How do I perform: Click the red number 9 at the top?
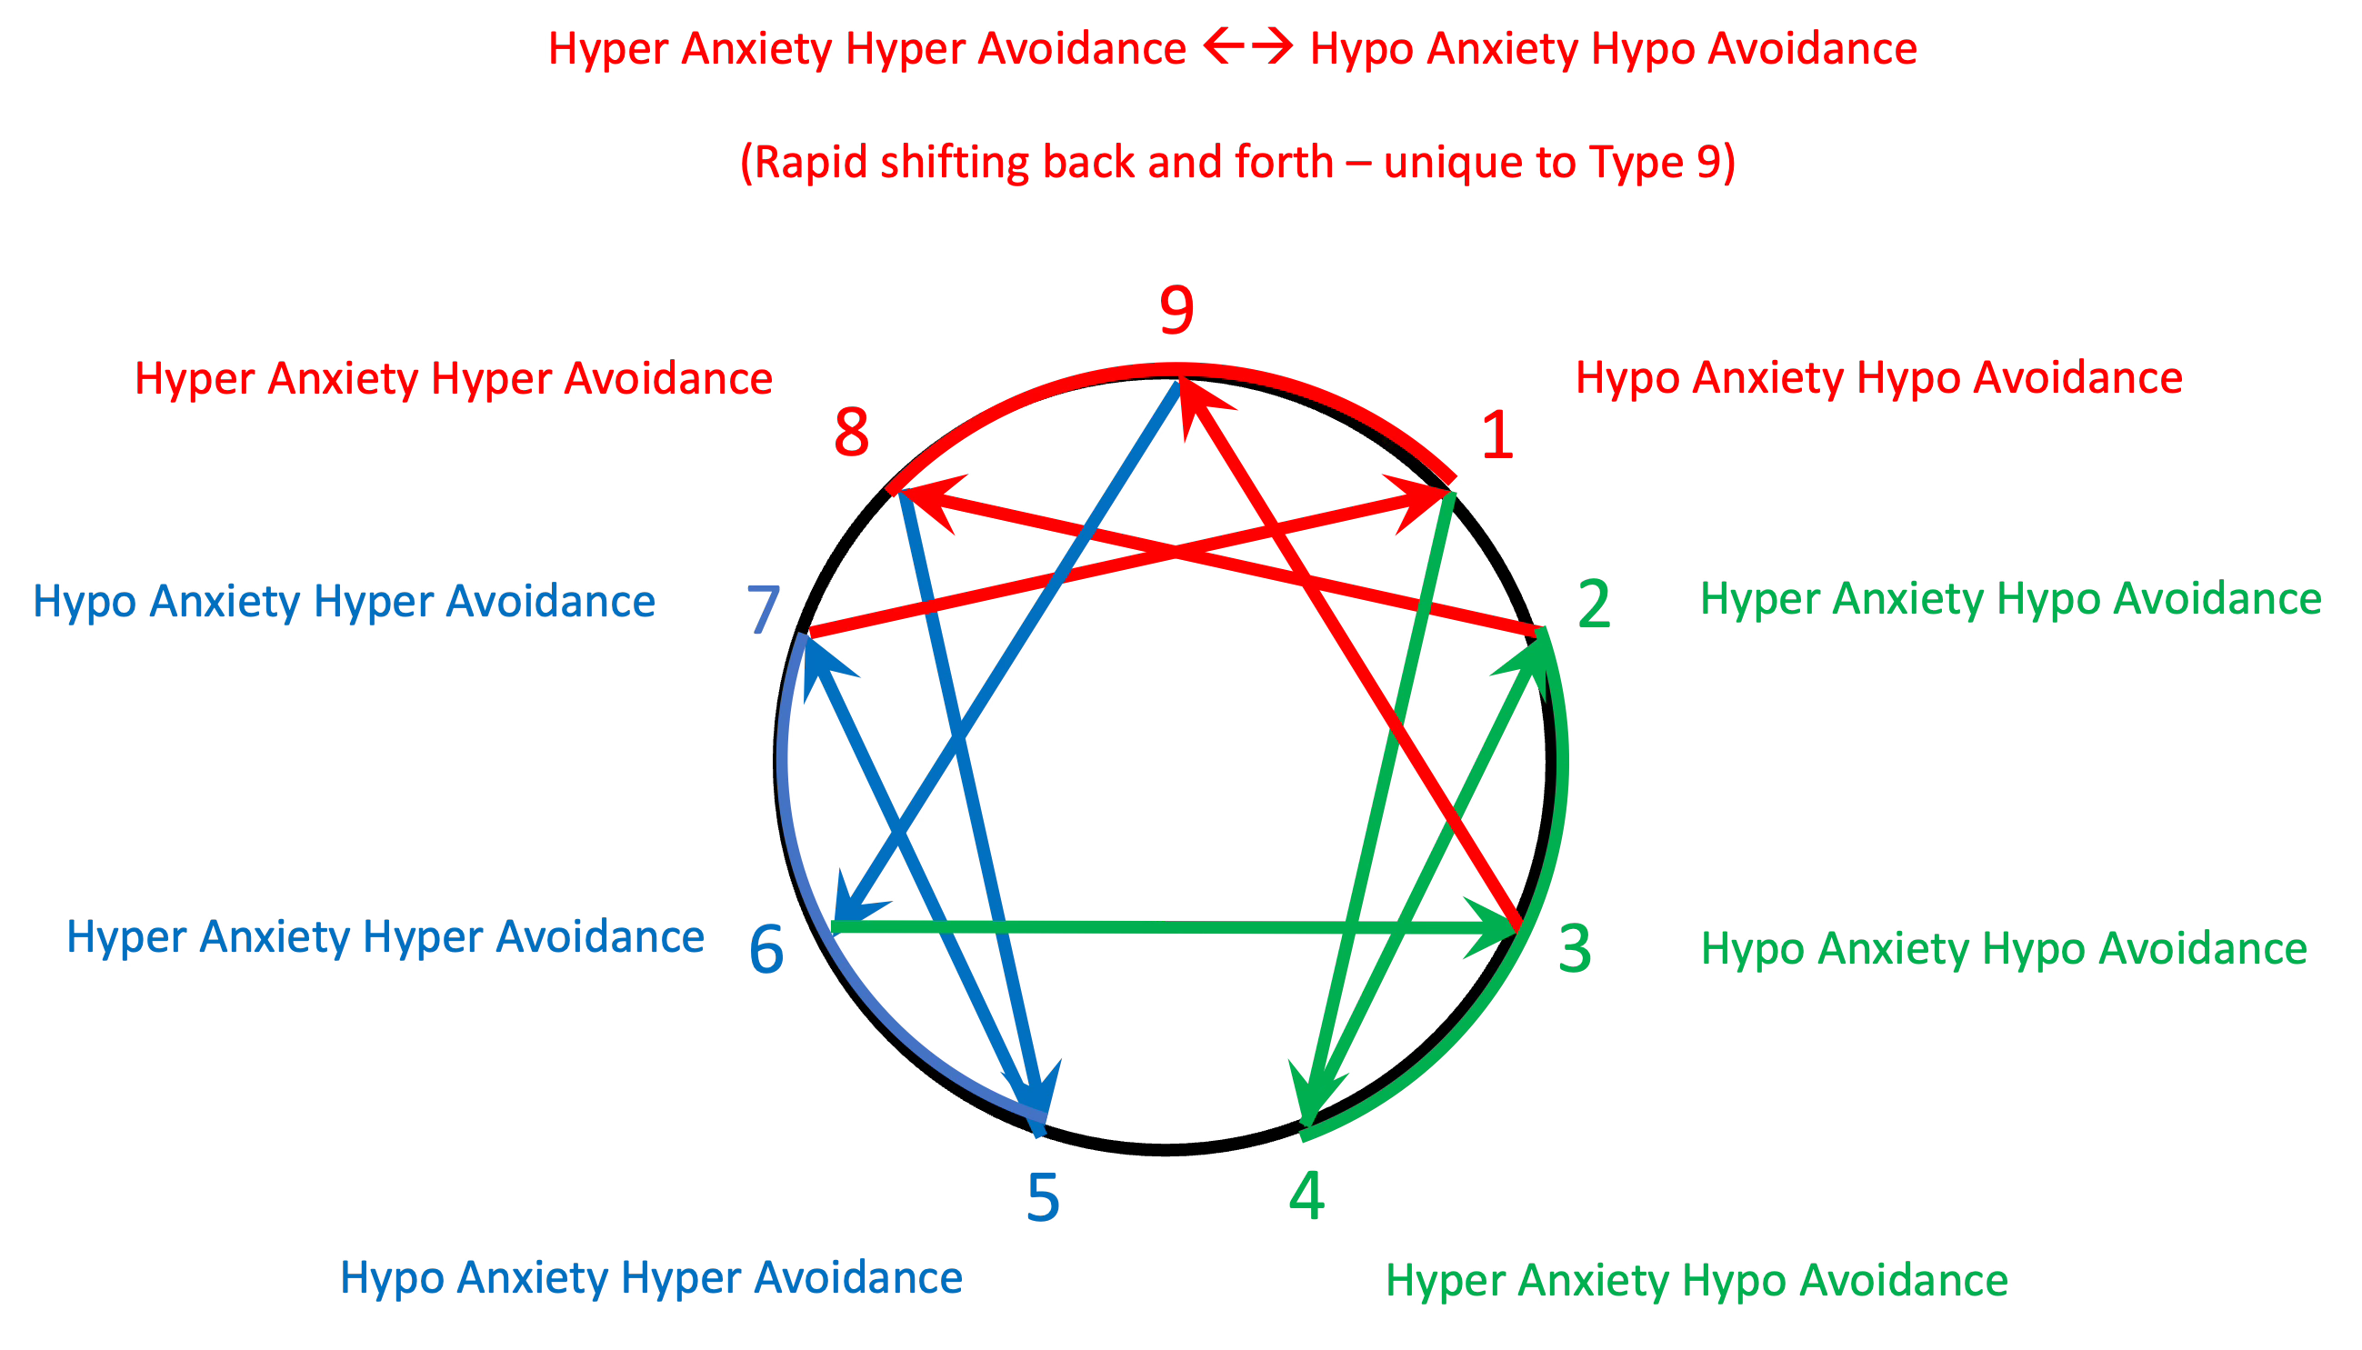[x=1176, y=311]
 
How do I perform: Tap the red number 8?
[x=852, y=432]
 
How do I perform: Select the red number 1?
[x=1497, y=435]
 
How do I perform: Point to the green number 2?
[x=1594, y=605]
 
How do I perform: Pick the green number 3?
[x=1575, y=949]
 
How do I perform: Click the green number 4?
[x=1307, y=1196]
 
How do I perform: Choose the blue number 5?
[x=1043, y=1197]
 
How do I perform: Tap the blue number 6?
[x=766, y=950]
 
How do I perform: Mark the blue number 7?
[x=764, y=609]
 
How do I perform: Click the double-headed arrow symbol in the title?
[x=1247, y=46]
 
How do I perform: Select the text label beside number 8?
[x=454, y=379]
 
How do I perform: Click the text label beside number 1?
[x=1879, y=378]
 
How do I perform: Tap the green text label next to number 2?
[x=2011, y=599]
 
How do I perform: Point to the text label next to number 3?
[x=2004, y=948]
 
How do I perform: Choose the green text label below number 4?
[x=1696, y=1281]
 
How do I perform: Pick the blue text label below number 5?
[x=652, y=1277]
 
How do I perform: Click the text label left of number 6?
[x=385, y=937]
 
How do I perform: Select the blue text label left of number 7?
[x=344, y=602]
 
